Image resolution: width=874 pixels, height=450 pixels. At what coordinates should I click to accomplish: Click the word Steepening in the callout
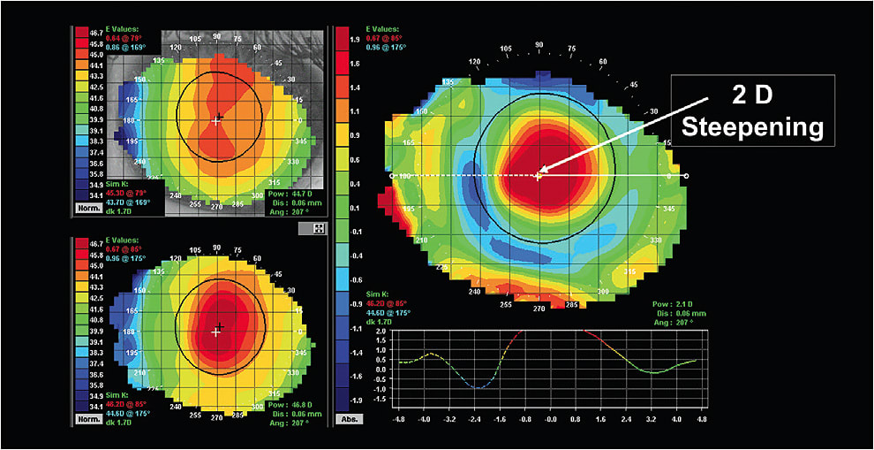[753, 127]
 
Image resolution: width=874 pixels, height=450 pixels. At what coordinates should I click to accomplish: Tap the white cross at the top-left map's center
[216, 119]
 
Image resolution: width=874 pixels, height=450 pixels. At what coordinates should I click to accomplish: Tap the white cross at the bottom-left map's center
[216, 332]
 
